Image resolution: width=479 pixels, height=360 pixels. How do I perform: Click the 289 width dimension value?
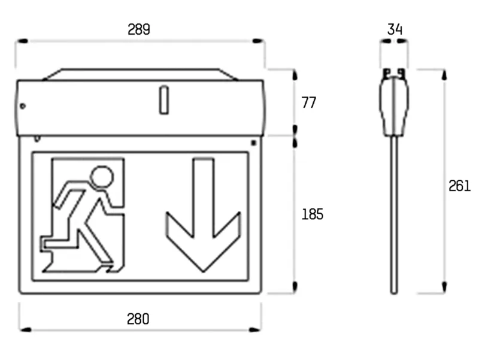click(x=139, y=29)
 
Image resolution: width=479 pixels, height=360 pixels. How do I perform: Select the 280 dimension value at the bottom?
click(x=138, y=319)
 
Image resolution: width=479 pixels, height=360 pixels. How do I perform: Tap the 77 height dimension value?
click(x=309, y=102)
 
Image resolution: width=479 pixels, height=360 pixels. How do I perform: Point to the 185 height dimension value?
click(x=312, y=214)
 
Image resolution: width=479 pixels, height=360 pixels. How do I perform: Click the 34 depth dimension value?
click(x=395, y=29)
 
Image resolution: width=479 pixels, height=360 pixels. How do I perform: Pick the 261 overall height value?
click(x=459, y=186)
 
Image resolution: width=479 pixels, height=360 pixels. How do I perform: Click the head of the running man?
click(x=102, y=177)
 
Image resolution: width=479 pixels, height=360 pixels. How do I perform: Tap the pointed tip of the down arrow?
click(x=204, y=271)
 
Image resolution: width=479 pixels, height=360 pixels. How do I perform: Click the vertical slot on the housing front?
click(x=164, y=100)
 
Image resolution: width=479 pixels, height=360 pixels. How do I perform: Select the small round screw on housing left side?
click(x=23, y=106)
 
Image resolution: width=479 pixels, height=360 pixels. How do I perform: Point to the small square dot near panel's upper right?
click(x=253, y=143)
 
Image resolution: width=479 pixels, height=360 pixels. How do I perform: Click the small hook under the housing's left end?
click(x=37, y=139)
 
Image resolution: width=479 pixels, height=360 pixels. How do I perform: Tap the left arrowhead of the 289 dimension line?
click(x=22, y=41)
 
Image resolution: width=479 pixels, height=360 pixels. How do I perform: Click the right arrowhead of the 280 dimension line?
click(x=255, y=329)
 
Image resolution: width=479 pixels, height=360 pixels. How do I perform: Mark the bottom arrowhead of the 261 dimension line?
click(x=444, y=288)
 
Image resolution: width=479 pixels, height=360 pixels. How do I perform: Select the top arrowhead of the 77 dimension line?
click(x=295, y=75)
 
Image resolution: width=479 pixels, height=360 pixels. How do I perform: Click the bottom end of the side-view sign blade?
click(x=394, y=293)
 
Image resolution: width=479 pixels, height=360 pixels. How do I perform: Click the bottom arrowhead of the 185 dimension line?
click(x=295, y=288)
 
